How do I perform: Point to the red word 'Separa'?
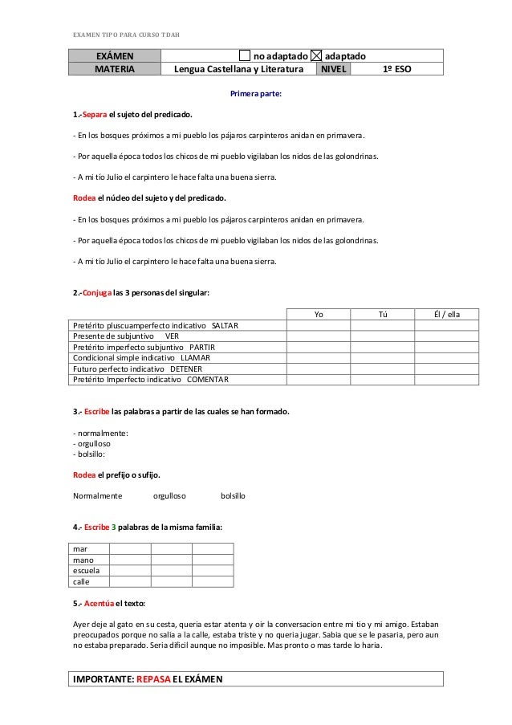click(x=92, y=115)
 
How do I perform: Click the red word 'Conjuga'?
click(x=97, y=294)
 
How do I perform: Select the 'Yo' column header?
click(x=319, y=314)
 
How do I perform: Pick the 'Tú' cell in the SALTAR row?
click(x=382, y=324)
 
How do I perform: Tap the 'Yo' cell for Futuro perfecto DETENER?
click(x=319, y=368)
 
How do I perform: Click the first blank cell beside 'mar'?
click(x=129, y=548)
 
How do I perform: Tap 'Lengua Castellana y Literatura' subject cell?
click(x=238, y=69)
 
